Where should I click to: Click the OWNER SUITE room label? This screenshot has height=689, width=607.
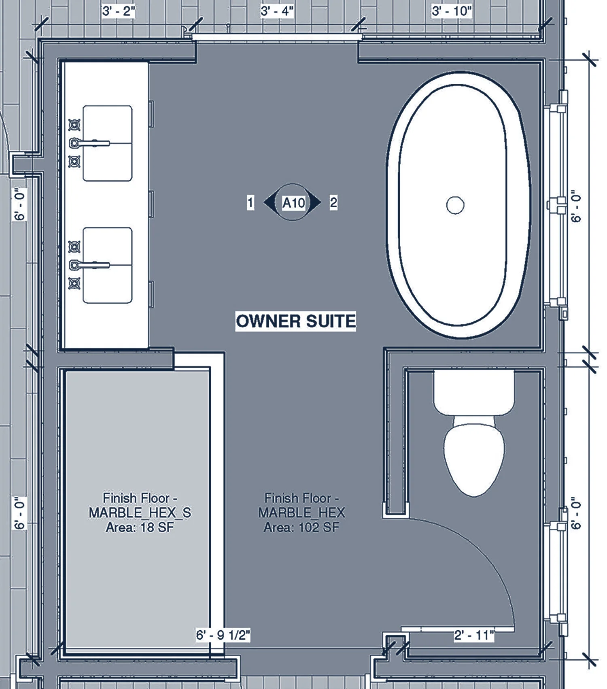coord(296,321)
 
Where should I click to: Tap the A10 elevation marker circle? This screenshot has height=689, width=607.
coord(293,202)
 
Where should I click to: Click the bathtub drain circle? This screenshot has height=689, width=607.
coord(455,205)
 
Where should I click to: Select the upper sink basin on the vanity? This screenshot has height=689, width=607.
coord(108,143)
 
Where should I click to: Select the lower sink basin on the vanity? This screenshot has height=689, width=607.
coord(108,265)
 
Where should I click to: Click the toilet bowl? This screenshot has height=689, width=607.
coord(474,457)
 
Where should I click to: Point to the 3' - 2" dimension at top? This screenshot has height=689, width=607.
coord(118,11)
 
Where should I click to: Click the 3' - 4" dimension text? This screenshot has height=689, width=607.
coord(277,11)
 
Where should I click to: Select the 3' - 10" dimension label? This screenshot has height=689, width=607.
coord(452,11)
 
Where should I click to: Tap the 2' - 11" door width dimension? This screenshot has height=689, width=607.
coord(474,635)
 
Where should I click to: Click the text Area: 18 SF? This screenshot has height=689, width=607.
coord(140,528)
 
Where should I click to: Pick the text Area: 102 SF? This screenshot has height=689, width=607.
coord(301,528)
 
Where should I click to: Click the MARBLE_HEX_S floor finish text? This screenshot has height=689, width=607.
coord(140,512)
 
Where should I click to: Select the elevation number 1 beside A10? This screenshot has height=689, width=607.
coord(250,202)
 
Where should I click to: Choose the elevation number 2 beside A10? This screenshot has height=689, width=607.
coord(333,202)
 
